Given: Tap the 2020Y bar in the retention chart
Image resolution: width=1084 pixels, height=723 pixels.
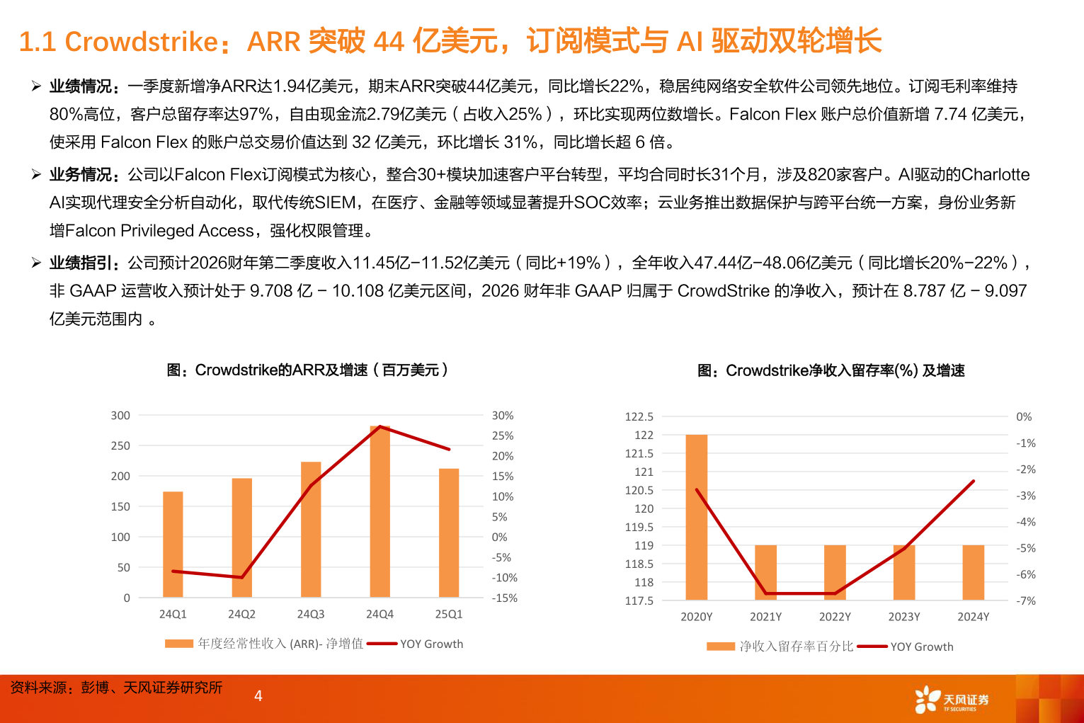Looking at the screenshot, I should tap(696, 517).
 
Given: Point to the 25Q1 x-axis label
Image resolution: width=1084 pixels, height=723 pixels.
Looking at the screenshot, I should tap(448, 614).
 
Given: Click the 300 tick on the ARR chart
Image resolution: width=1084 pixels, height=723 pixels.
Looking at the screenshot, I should tap(120, 416).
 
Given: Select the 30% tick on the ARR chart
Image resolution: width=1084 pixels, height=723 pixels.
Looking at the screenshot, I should tap(503, 416).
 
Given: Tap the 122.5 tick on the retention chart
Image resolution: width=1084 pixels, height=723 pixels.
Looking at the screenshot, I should tap(639, 416).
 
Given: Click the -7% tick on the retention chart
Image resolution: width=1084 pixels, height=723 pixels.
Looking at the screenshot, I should tap(1025, 600).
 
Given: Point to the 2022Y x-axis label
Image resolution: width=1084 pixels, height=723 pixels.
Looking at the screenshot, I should tap(835, 617).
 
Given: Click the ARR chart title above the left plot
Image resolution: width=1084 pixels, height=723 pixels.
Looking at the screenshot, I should tap(307, 370).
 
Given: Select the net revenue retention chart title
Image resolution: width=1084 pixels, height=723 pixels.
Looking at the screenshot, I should tap(831, 371).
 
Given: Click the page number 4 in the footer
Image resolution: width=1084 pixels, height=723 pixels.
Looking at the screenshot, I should tap(258, 696).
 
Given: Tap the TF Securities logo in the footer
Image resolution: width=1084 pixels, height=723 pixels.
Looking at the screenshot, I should tap(952, 700).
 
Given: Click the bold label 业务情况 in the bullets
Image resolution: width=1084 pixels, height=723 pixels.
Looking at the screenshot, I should tap(80, 175).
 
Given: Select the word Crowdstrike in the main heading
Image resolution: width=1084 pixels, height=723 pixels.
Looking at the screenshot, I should tap(142, 42).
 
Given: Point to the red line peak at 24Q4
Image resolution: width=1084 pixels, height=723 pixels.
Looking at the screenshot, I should tap(380, 426).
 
